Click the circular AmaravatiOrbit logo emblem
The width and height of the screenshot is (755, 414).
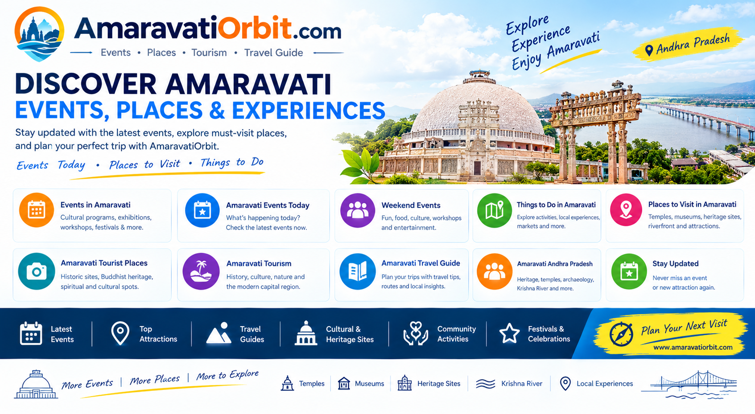point(39,34)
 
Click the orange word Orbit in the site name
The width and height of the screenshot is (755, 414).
point(255,28)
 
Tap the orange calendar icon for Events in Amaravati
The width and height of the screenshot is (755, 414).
point(37,210)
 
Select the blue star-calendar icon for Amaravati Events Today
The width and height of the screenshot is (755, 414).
point(202,210)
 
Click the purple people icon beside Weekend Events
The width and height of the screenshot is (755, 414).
point(358,210)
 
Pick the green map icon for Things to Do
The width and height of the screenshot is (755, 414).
point(495,210)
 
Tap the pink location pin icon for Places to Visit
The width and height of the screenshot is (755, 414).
point(626,210)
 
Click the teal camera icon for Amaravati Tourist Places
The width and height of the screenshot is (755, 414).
point(37,271)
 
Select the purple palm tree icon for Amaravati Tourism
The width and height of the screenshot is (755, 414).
point(201,271)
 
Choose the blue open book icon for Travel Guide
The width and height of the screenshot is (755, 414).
point(358,271)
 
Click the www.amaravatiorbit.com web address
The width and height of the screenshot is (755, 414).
point(693,347)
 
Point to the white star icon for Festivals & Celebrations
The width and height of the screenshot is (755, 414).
point(509,333)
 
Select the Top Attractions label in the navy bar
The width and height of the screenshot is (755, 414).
point(158,334)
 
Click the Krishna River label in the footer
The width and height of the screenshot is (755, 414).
point(522,384)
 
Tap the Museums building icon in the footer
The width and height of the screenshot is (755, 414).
point(344,383)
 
